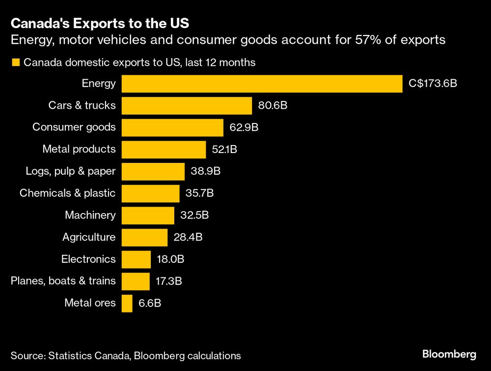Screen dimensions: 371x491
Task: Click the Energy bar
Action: point(262,84)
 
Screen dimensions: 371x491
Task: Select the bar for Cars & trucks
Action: point(187,105)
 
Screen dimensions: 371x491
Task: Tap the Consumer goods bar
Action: point(172,127)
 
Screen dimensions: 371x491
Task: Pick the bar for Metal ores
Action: point(127,303)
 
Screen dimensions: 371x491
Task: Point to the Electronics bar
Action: point(136,259)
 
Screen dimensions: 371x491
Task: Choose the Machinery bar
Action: point(148,216)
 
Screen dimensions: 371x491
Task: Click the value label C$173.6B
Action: point(433,84)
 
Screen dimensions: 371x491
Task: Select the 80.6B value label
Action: point(273,105)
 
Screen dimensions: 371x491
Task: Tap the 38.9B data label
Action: point(206,171)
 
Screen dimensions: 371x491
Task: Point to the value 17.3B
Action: point(169,281)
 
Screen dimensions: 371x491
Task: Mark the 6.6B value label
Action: point(150,303)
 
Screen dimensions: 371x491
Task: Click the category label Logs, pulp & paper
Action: point(71,171)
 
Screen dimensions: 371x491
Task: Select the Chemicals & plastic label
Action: point(68,193)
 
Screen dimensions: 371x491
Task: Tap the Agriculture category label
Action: point(89,237)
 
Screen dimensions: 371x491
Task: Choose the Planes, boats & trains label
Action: point(63,281)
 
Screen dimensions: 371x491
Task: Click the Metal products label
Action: point(79,149)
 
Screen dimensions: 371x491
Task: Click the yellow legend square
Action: point(15,62)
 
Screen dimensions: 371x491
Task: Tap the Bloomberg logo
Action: point(449,354)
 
